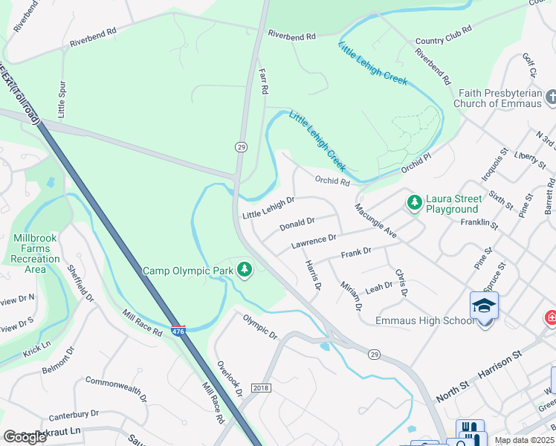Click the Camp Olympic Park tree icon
(x=245, y=271)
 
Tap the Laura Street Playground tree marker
(x=414, y=201)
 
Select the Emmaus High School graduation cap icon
(x=484, y=306)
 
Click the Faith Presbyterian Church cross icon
(x=551, y=97)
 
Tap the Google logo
(x=24, y=436)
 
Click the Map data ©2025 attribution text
(x=524, y=440)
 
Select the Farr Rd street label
(x=263, y=77)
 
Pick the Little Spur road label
(x=61, y=97)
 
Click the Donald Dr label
(x=297, y=223)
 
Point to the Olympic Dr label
(x=260, y=326)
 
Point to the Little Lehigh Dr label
(x=268, y=207)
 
